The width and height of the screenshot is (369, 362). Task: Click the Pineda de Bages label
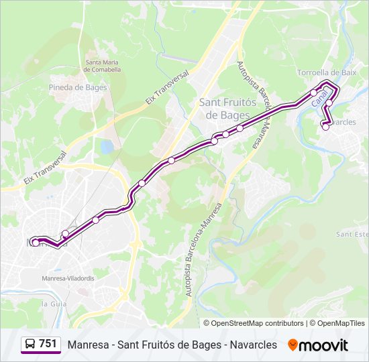(x=78, y=87)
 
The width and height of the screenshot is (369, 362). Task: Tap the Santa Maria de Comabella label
(x=103, y=66)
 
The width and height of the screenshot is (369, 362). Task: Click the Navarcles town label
(x=343, y=123)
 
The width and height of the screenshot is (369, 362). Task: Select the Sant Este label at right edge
(x=353, y=234)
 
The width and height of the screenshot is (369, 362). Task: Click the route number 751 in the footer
(x=48, y=344)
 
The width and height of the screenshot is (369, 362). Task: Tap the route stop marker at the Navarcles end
(x=326, y=127)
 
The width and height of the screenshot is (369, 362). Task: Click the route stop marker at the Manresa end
(x=35, y=243)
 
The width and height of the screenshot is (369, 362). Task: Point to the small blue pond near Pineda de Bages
(x=107, y=145)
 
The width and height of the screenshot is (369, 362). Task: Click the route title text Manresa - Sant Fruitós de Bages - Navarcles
(x=172, y=345)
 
